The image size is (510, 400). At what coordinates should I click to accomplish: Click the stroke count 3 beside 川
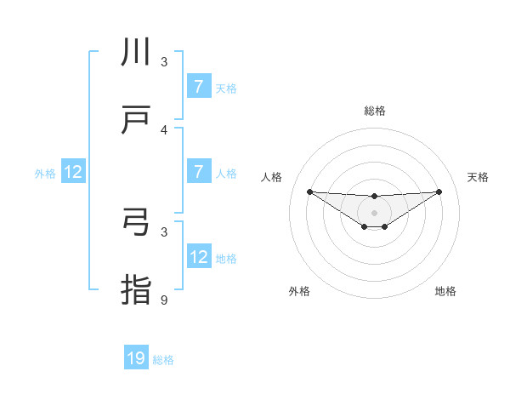(164, 62)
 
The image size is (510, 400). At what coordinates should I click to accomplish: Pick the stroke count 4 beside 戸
(164, 130)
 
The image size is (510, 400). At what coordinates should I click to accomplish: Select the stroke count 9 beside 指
(164, 300)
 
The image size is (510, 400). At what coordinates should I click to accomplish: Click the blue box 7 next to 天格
(198, 87)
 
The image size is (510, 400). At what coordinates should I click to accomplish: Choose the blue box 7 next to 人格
(198, 172)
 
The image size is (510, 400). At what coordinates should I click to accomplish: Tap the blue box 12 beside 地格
(198, 257)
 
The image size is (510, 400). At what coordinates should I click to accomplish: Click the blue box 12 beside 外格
(73, 172)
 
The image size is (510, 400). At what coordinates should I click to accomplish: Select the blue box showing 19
(136, 358)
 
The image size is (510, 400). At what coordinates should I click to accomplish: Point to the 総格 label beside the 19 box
(163, 360)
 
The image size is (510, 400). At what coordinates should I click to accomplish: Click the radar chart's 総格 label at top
(374, 111)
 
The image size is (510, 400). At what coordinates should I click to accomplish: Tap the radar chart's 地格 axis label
(445, 291)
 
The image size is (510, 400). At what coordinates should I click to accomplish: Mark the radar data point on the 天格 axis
(439, 191)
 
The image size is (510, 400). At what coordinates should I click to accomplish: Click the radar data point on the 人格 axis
(309, 191)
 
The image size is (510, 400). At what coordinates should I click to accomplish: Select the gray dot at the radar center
(374, 212)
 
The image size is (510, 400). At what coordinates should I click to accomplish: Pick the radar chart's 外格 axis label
(299, 291)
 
